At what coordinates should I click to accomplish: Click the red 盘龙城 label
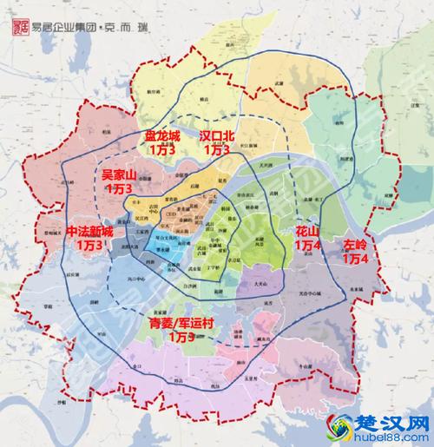point(162,137)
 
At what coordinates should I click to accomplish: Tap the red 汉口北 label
point(216,137)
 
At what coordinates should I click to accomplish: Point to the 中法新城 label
point(89,233)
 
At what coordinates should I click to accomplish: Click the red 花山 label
point(307,233)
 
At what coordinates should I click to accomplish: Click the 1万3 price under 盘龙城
point(162,150)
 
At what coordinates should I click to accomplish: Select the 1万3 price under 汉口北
point(216,150)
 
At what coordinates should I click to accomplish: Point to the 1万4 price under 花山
point(307,247)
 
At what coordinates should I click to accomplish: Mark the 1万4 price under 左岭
point(357,259)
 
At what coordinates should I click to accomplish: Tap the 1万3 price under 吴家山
point(119,188)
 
